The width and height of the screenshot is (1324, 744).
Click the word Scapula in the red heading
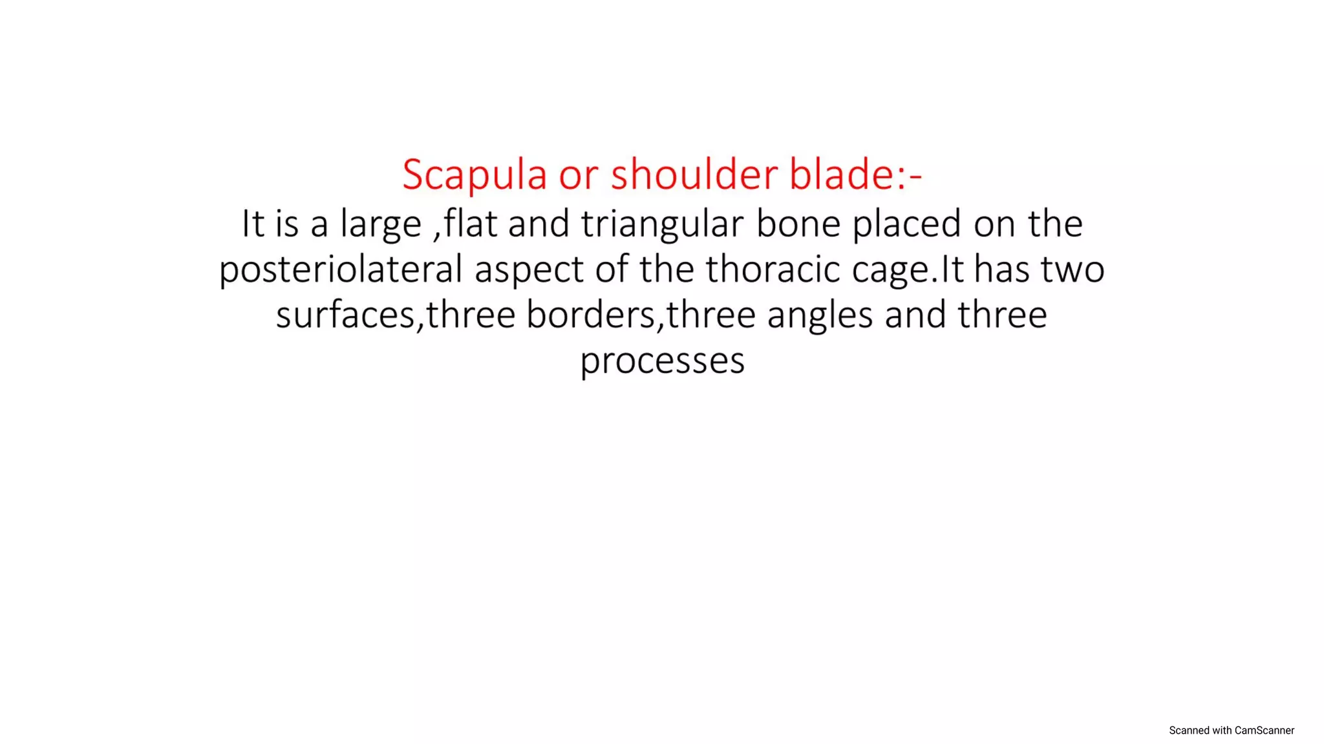[x=475, y=175]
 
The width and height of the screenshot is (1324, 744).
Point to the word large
[x=381, y=225]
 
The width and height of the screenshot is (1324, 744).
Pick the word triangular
[x=662, y=225]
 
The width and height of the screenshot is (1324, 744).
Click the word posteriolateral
[x=341, y=270]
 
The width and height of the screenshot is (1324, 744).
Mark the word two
[x=1073, y=270]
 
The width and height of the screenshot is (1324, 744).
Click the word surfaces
[x=345, y=315]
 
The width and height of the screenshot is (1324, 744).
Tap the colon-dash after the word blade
[x=909, y=176]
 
